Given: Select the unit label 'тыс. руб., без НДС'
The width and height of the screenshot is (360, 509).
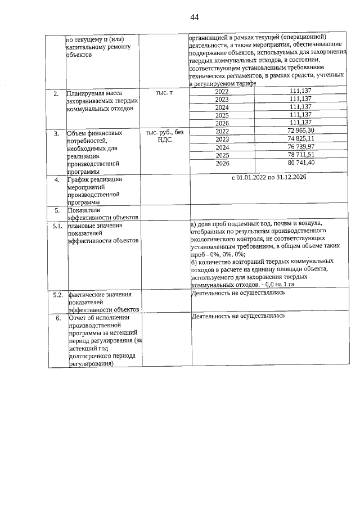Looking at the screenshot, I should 164,136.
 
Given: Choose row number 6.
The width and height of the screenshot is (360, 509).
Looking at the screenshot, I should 56,317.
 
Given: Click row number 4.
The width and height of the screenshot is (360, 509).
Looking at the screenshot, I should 56,180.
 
